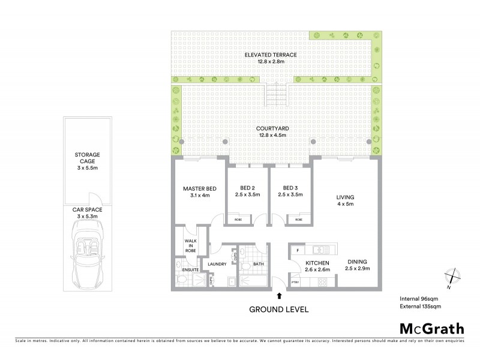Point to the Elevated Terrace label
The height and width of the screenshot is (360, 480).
point(271,58)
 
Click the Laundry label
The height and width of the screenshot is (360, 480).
point(215,263)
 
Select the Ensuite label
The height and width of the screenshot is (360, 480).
point(191,269)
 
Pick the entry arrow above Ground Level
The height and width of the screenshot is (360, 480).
point(278,295)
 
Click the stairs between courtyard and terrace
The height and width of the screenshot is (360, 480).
point(278,92)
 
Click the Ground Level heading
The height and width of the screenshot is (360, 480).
point(278,310)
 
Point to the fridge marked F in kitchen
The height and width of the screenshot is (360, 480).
point(296,248)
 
